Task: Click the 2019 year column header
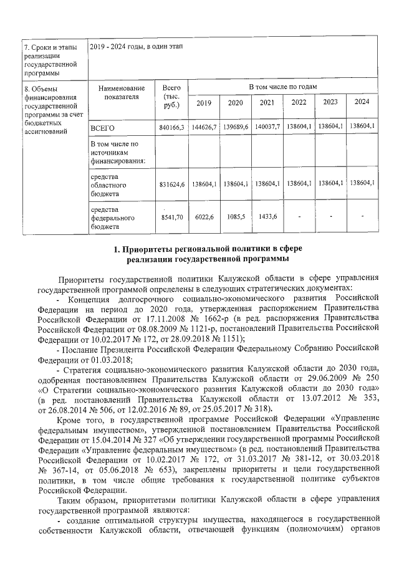click(x=204, y=103)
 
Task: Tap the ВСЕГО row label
click(x=103, y=127)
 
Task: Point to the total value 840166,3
click(x=170, y=127)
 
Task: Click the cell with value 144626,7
click(x=204, y=127)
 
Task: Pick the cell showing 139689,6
click(x=236, y=127)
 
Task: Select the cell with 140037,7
click(x=267, y=127)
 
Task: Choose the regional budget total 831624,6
click(x=170, y=184)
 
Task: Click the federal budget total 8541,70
click(x=170, y=216)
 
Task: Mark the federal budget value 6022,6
click(x=204, y=216)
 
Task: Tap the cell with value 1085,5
click(x=236, y=216)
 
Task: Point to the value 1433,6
click(x=267, y=216)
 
